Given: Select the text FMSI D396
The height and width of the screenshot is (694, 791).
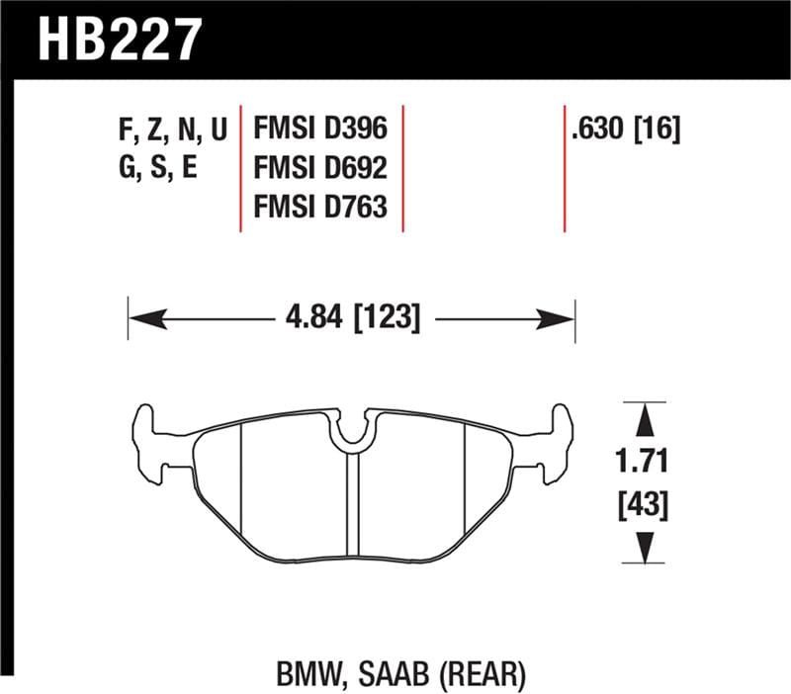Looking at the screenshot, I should click(319, 129).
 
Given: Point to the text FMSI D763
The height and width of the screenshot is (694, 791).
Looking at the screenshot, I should click(319, 207).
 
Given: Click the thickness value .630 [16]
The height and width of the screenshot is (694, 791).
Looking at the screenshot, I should click(625, 129).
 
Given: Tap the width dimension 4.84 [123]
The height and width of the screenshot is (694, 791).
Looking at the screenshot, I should click(352, 318).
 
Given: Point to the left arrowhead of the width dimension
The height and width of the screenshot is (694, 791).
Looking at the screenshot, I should click(144, 318).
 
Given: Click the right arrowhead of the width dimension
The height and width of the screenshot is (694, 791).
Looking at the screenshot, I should click(559, 318).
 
